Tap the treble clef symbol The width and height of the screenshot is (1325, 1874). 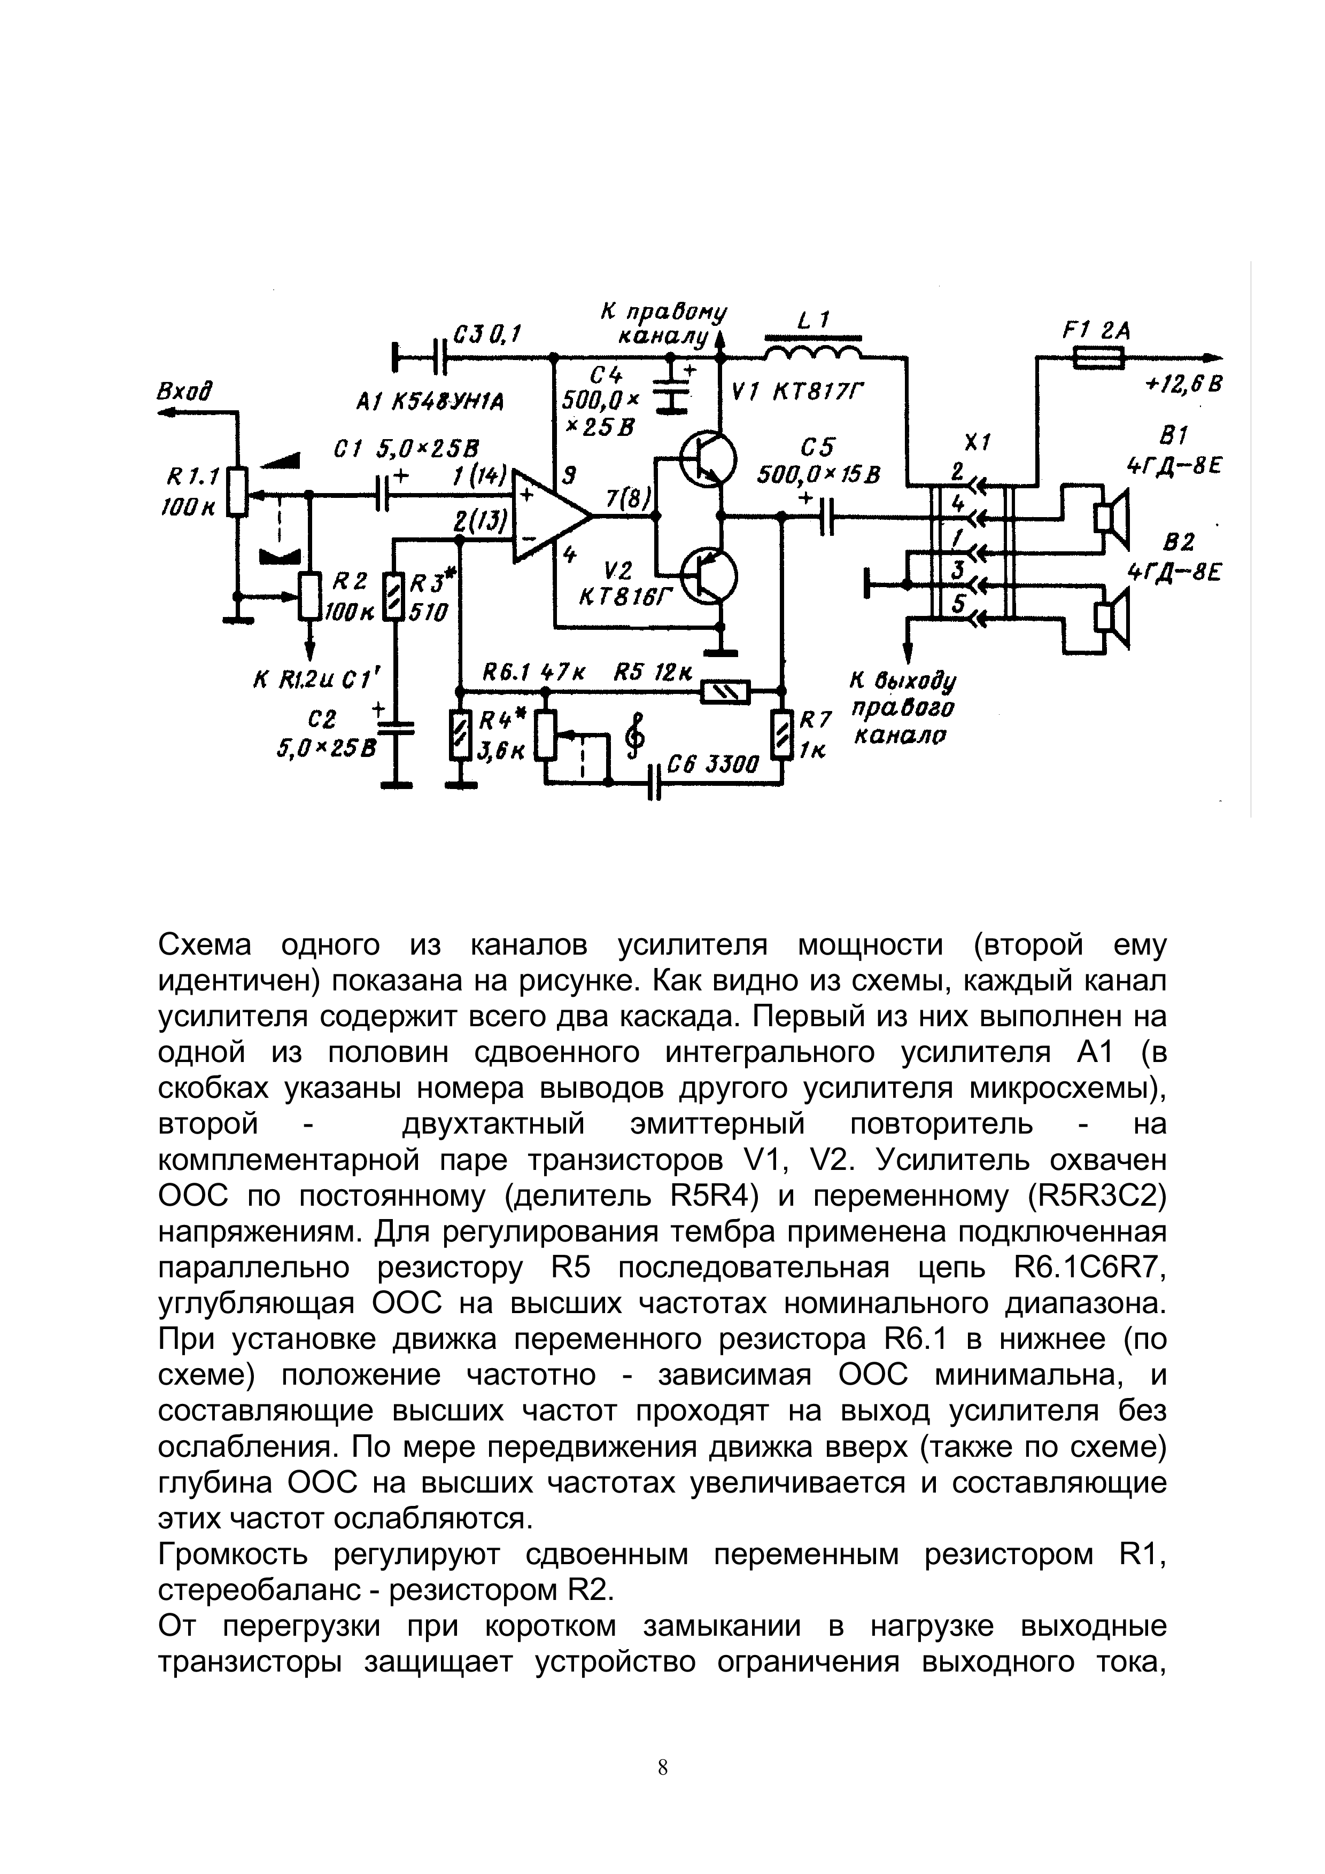[634, 732]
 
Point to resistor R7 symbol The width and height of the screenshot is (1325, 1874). [783, 735]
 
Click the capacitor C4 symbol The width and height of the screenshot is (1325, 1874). [673, 390]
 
